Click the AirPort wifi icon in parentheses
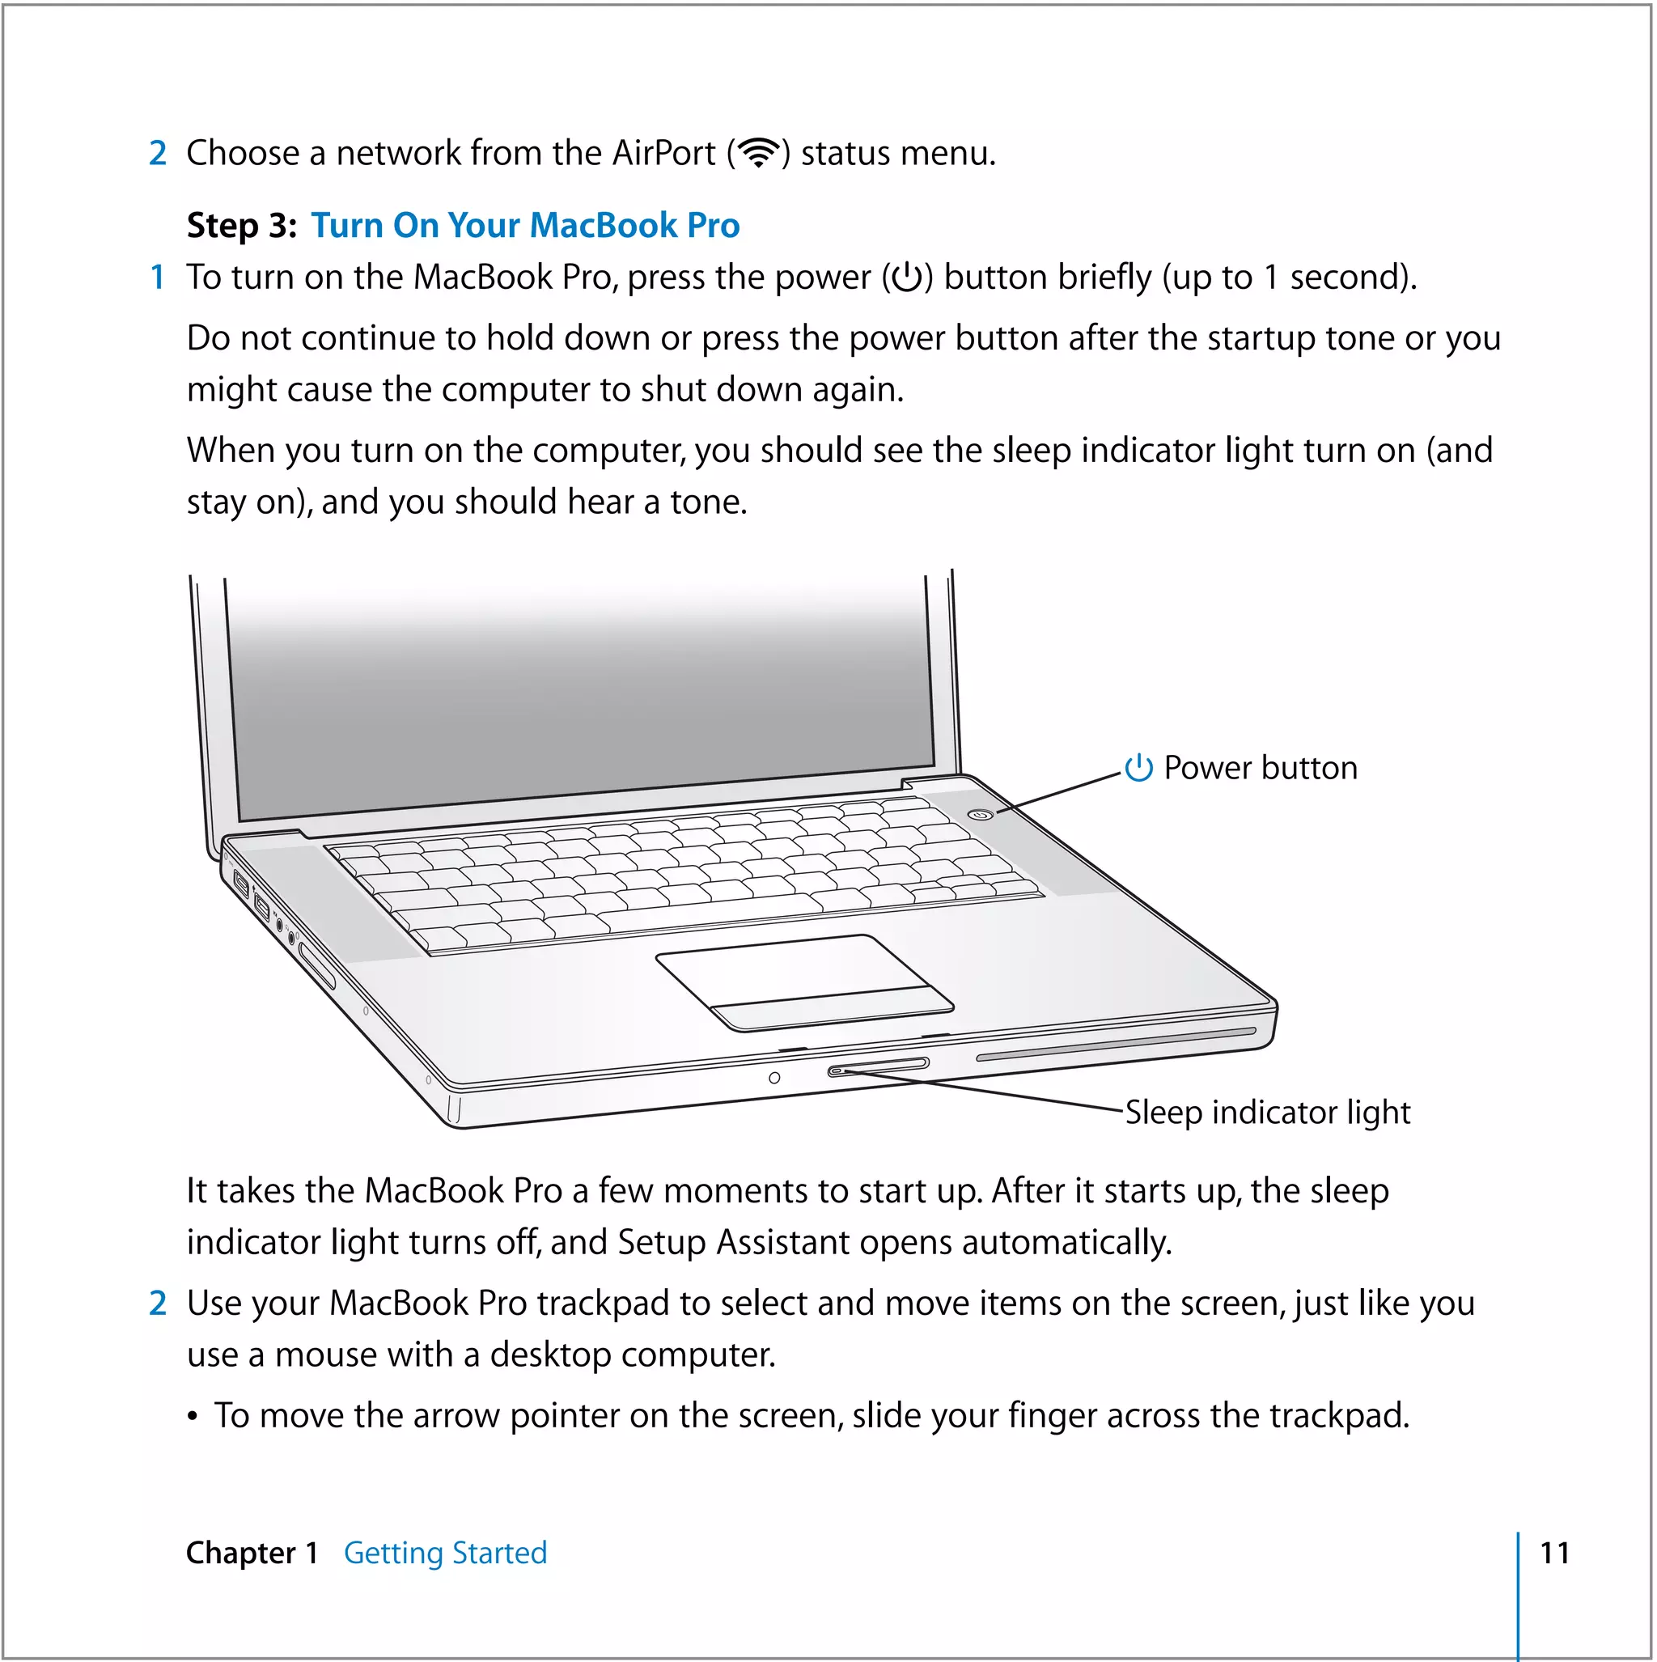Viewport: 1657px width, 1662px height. coord(758,153)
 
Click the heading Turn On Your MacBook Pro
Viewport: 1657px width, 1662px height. coord(525,226)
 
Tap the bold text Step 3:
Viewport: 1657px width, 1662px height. coord(242,226)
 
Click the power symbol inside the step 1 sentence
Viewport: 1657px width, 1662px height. coord(907,278)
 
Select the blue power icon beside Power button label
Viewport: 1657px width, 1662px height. coord(1138,767)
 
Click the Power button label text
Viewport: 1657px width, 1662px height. coord(1261,767)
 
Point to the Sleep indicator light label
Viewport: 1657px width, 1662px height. coord(1267,1113)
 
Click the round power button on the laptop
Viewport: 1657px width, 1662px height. coord(981,814)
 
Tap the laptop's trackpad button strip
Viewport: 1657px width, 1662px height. coord(833,1009)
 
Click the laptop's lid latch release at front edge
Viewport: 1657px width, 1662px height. coord(878,1066)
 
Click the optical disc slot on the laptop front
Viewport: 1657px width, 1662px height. coord(1116,1044)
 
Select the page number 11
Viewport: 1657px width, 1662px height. coord(1554,1553)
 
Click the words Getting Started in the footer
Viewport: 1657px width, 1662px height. coord(445,1553)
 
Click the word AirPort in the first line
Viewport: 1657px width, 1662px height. coord(663,153)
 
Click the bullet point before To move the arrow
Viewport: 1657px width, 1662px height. coord(193,1417)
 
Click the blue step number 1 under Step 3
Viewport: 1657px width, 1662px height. coord(158,277)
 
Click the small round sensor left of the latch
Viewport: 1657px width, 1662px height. coord(774,1078)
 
